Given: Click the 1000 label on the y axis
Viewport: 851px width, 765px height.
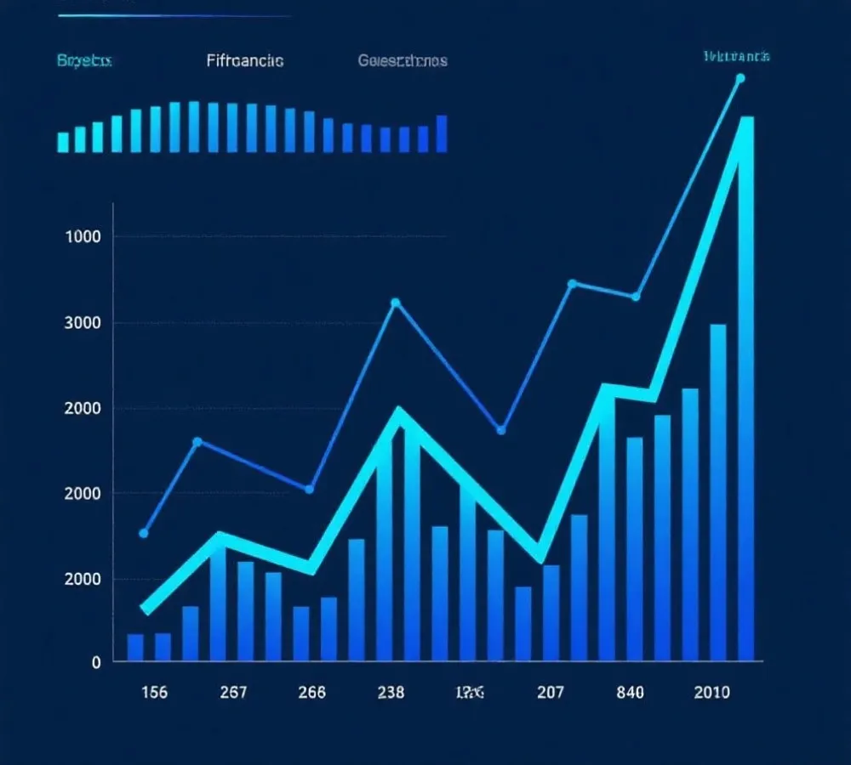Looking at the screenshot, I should pos(83,236).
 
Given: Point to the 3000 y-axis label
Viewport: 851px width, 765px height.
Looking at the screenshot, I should pos(83,322).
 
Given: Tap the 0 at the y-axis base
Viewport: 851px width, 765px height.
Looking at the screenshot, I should pos(96,661).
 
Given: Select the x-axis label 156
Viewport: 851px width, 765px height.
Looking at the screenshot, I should pos(154,692).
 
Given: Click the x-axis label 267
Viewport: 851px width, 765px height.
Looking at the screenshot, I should pos(233,692).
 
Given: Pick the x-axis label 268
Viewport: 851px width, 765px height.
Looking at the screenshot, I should pos(312,692).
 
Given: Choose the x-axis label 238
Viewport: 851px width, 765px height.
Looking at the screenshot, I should pos(391,692).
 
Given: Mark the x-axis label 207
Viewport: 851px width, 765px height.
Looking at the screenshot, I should pos(551,692).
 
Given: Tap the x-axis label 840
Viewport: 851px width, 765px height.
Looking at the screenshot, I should pos(630,692).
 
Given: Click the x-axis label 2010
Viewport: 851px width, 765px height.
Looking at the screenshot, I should pos(711,692).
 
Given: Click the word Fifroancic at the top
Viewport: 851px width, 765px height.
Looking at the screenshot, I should pos(245,61).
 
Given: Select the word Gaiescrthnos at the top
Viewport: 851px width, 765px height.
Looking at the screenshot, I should pos(403,61).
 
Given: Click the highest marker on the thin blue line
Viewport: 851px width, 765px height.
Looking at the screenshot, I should pos(740,78).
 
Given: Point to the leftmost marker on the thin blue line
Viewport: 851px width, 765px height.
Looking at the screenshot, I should pos(144,534).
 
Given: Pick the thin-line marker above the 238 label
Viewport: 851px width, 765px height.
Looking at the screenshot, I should pos(395,303).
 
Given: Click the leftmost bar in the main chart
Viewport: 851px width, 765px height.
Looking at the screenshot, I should pos(135,647).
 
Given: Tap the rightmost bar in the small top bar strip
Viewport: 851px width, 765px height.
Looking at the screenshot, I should pos(442,133).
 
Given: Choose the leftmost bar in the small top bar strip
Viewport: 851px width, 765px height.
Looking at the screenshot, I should pos(63,142).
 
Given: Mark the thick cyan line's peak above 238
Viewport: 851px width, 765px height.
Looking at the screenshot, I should pos(397,413).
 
